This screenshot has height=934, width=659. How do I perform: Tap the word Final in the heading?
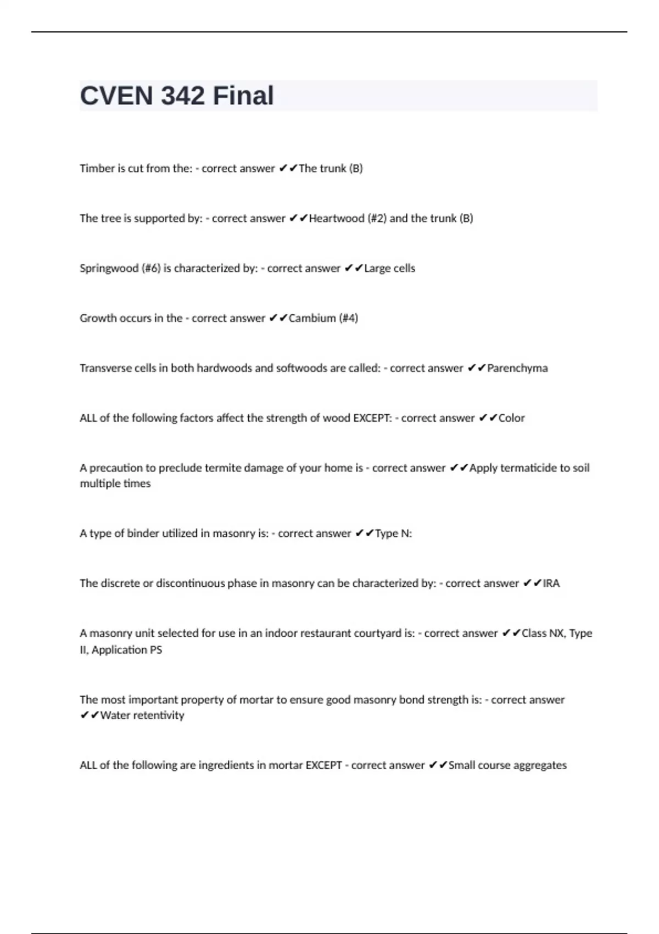243,96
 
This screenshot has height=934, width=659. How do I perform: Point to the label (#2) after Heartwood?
377,218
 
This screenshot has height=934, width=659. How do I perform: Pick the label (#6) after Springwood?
151,268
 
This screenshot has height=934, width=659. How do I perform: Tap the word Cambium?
312,318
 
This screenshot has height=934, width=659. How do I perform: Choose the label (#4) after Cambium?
348,318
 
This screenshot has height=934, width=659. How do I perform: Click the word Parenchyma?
517,368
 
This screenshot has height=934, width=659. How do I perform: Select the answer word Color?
512,418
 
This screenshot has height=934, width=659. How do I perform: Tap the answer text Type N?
393,533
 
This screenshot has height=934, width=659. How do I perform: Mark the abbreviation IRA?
551,583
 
